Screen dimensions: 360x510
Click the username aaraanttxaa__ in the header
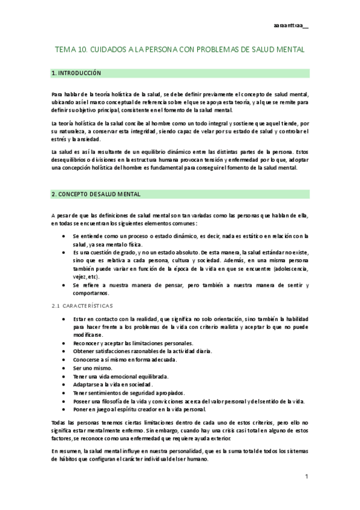click(291, 26)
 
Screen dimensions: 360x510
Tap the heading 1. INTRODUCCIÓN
click(76, 73)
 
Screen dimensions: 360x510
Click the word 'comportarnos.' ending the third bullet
click(91, 293)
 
